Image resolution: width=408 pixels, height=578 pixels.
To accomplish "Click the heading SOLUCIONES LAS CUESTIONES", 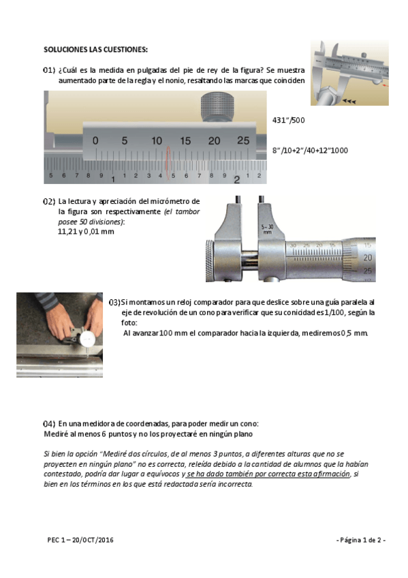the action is tap(96, 49).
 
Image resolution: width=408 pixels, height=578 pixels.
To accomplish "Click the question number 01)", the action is tap(49, 70).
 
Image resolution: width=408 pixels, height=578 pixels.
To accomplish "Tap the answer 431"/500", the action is tap(288, 120).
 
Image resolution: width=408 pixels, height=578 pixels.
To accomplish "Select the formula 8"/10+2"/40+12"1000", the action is tap(310, 151).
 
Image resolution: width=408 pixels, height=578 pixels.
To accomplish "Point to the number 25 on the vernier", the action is tap(243, 140).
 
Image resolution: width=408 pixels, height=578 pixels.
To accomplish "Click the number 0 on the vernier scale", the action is tap(95, 140).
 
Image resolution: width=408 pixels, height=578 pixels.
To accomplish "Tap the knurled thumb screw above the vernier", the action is tap(217, 107).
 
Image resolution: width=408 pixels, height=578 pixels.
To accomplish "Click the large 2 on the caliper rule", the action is tap(237, 179).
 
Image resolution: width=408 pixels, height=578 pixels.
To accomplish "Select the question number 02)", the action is tap(49, 201).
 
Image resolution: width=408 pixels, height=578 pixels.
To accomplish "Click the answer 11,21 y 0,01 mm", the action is tap(86, 232).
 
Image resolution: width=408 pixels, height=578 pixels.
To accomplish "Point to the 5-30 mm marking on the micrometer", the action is tap(267, 229).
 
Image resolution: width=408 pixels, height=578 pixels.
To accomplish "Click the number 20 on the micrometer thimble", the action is tap(367, 258).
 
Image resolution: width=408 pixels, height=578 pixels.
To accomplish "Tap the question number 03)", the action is tap(114, 303).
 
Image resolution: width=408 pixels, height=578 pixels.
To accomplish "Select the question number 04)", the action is tap(49, 424).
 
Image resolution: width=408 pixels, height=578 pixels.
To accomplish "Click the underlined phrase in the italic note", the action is tap(268, 474).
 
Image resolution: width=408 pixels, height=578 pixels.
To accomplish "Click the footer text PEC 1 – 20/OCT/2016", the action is tap(80, 540).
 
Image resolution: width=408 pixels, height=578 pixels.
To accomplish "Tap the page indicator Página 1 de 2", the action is tap(361, 540).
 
